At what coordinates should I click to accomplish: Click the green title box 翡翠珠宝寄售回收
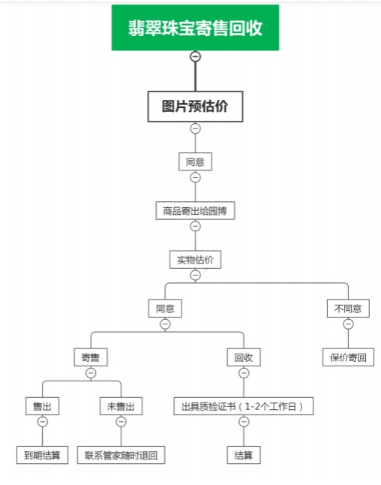tap(195, 28)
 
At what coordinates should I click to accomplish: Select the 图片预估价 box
tap(195, 107)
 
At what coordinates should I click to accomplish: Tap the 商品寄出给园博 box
tap(195, 211)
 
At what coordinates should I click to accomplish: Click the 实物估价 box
tap(195, 260)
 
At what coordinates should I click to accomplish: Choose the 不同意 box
tap(348, 309)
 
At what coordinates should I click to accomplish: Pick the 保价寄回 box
tap(348, 357)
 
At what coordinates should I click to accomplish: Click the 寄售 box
tap(91, 357)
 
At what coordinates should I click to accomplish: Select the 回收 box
tap(244, 357)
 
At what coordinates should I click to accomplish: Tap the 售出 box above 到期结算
tap(42, 406)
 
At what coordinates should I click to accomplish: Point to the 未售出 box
tap(121, 406)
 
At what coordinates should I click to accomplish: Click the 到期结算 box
tap(42, 455)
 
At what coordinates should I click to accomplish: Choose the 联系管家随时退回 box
tap(121, 455)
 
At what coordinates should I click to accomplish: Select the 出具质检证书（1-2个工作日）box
tap(244, 406)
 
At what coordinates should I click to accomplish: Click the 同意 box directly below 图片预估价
tap(195, 161)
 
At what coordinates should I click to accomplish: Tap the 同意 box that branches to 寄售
tap(165, 309)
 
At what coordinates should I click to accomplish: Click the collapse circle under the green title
tap(195, 56)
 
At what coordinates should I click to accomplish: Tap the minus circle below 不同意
tap(348, 324)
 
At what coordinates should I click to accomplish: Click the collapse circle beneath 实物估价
tap(195, 275)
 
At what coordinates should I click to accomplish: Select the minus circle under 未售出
tap(121, 422)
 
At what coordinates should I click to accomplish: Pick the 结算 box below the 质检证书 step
tap(244, 455)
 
